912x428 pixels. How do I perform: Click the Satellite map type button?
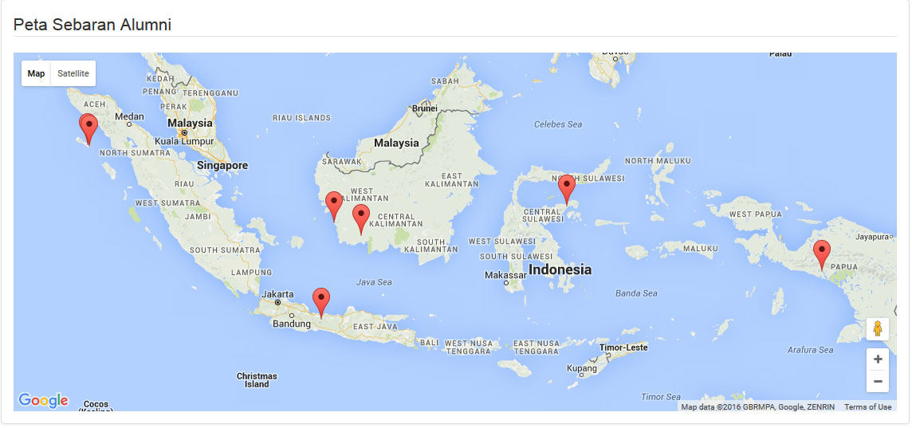[x=73, y=73]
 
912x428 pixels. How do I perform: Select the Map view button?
[x=36, y=73]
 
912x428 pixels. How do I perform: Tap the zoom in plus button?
[x=878, y=359]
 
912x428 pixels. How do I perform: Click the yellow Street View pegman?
[x=878, y=329]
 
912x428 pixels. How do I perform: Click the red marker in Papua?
[x=822, y=254]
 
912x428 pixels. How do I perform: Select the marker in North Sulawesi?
[x=567, y=189]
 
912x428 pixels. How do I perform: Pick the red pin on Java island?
[x=321, y=301]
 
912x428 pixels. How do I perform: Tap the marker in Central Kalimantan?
[x=361, y=218]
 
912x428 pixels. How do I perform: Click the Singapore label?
[x=223, y=166]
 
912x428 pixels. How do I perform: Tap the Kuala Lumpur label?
[x=184, y=141]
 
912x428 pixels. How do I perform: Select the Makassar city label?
[x=505, y=275]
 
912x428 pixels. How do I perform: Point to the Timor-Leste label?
[x=624, y=348]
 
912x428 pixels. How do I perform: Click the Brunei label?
[x=425, y=108]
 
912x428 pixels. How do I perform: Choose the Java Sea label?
[x=374, y=282]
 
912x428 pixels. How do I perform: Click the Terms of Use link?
[x=868, y=407]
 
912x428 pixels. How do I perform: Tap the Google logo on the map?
[x=43, y=400]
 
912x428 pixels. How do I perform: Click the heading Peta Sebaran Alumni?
[x=92, y=25]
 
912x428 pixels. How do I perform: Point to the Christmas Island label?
[x=257, y=380]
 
